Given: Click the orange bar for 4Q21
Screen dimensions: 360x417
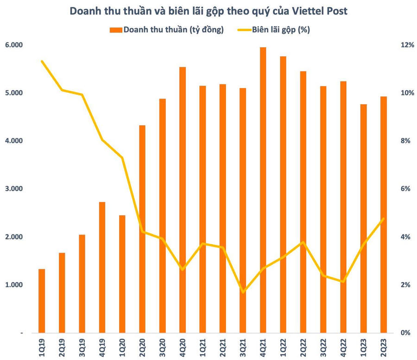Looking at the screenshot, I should click(x=263, y=190).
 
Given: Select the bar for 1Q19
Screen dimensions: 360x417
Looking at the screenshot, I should click(x=42, y=301).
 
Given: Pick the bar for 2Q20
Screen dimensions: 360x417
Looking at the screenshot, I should click(x=142, y=229).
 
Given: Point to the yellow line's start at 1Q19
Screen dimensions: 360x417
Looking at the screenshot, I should click(x=42, y=61).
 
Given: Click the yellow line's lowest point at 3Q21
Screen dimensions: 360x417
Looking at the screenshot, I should click(x=243, y=292).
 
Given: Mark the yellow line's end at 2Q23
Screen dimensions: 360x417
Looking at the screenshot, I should click(x=383, y=219).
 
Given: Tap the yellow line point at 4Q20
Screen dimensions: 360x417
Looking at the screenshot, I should click(x=183, y=269).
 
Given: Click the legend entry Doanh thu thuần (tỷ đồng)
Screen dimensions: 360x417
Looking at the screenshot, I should click(x=167, y=30).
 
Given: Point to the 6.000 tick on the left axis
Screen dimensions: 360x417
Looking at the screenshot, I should click(x=14, y=45).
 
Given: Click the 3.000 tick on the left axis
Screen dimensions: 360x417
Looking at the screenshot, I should click(x=14, y=189).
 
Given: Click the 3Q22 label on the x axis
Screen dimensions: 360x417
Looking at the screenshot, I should click(x=323, y=346).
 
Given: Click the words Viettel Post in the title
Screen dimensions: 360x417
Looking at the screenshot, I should click(x=319, y=11).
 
